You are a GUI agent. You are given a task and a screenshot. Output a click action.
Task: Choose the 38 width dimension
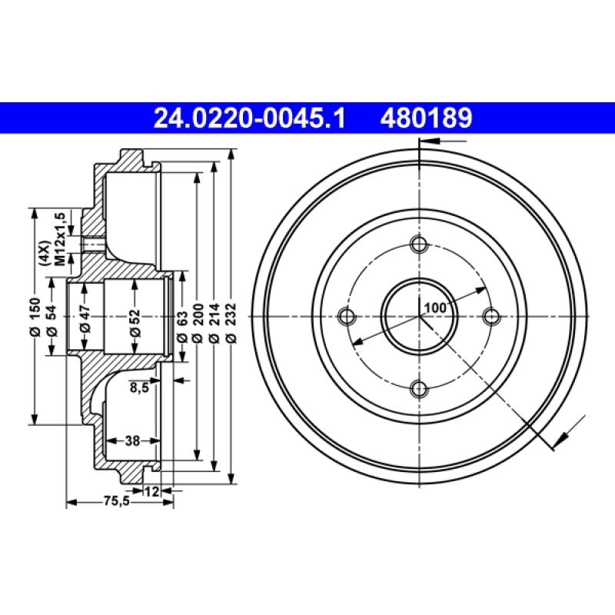[x=131, y=440]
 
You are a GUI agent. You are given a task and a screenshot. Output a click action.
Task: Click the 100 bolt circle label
[x=435, y=307]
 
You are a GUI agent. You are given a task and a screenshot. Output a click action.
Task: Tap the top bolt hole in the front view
[x=419, y=245]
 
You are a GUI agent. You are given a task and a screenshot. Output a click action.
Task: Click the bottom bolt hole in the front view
[x=419, y=388]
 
